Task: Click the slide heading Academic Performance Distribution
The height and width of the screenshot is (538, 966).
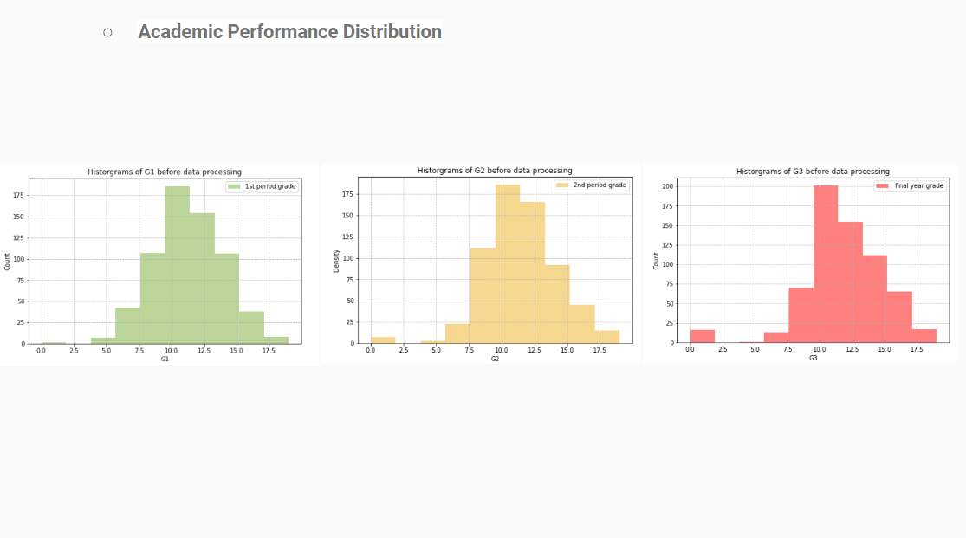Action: click(289, 32)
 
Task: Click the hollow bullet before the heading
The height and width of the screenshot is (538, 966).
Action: click(107, 33)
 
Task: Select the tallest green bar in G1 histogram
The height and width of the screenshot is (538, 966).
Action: click(177, 264)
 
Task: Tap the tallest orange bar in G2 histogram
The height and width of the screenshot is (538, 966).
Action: click(508, 263)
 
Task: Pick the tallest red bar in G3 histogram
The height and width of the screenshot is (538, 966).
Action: click(826, 263)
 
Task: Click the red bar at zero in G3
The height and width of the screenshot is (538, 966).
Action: click(703, 336)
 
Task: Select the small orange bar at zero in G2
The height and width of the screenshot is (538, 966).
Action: click(383, 340)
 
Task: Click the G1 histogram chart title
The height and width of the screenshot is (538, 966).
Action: click(165, 172)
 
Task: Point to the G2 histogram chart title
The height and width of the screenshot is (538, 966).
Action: click(495, 171)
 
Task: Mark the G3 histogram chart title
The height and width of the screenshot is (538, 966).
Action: click(813, 172)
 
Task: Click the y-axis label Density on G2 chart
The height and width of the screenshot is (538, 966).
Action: click(336, 261)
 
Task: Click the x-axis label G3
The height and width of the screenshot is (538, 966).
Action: click(813, 357)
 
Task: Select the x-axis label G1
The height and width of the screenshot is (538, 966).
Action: click(165, 358)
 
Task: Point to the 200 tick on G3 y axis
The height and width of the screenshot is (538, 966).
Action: click(668, 186)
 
